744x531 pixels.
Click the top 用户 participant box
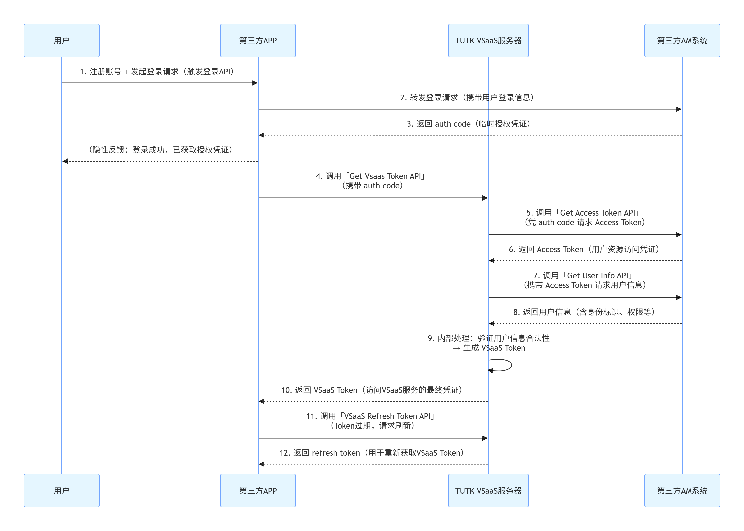click(61, 40)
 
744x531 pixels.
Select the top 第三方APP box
click(258, 40)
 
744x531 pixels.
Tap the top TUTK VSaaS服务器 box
click(488, 40)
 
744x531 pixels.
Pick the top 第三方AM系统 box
click(682, 40)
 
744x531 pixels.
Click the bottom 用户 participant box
click(61, 491)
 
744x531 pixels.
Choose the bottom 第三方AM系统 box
click(682, 491)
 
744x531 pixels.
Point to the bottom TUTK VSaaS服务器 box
click(488, 491)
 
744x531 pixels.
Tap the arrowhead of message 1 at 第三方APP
click(255, 83)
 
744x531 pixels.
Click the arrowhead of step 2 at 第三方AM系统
click(679, 109)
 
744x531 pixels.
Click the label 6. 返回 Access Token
click(584, 249)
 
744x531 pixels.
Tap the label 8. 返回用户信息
click(584, 312)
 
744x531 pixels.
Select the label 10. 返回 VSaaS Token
click(372, 390)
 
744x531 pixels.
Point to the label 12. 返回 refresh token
click(372, 453)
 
